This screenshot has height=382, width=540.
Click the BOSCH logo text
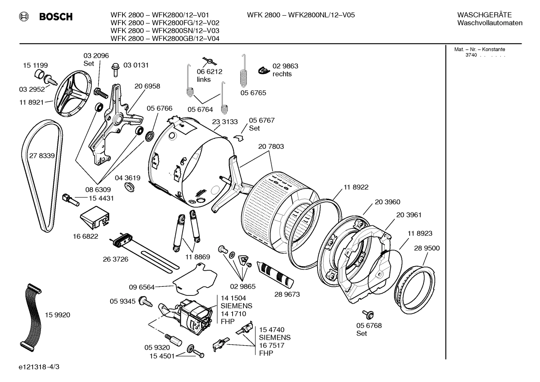coord(55,17)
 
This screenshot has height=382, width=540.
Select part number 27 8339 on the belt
coord(42,156)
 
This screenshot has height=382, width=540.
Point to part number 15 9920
coord(57,315)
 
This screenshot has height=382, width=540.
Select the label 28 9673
coord(287,294)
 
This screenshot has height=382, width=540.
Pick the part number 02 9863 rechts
coord(285,70)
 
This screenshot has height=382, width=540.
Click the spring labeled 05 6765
coord(244,74)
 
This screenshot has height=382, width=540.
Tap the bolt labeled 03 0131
coord(115,69)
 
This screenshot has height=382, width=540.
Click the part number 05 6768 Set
coord(369,329)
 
